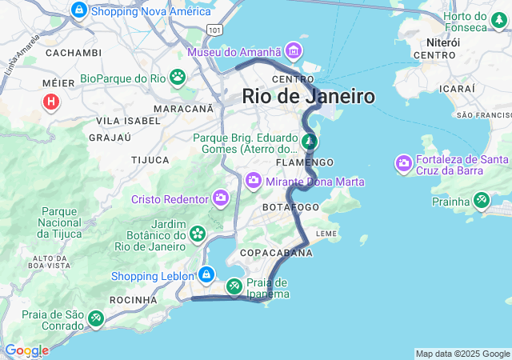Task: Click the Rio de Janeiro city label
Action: (x=309, y=97)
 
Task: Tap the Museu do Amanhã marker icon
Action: (x=294, y=52)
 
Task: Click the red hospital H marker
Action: (x=52, y=102)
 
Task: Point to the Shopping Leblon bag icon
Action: (x=206, y=275)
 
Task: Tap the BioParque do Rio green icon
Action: (x=177, y=78)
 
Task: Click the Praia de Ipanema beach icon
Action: (x=234, y=286)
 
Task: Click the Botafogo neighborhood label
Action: (x=291, y=207)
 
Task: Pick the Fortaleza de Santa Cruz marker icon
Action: (x=404, y=164)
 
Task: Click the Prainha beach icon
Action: (x=482, y=200)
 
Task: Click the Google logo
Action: (x=26, y=350)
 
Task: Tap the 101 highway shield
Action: (x=214, y=30)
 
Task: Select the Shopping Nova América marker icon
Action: (x=78, y=10)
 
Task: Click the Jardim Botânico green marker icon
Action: (x=197, y=234)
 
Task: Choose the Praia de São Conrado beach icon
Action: (x=95, y=319)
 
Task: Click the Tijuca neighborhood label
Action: (x=150, y=160)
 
